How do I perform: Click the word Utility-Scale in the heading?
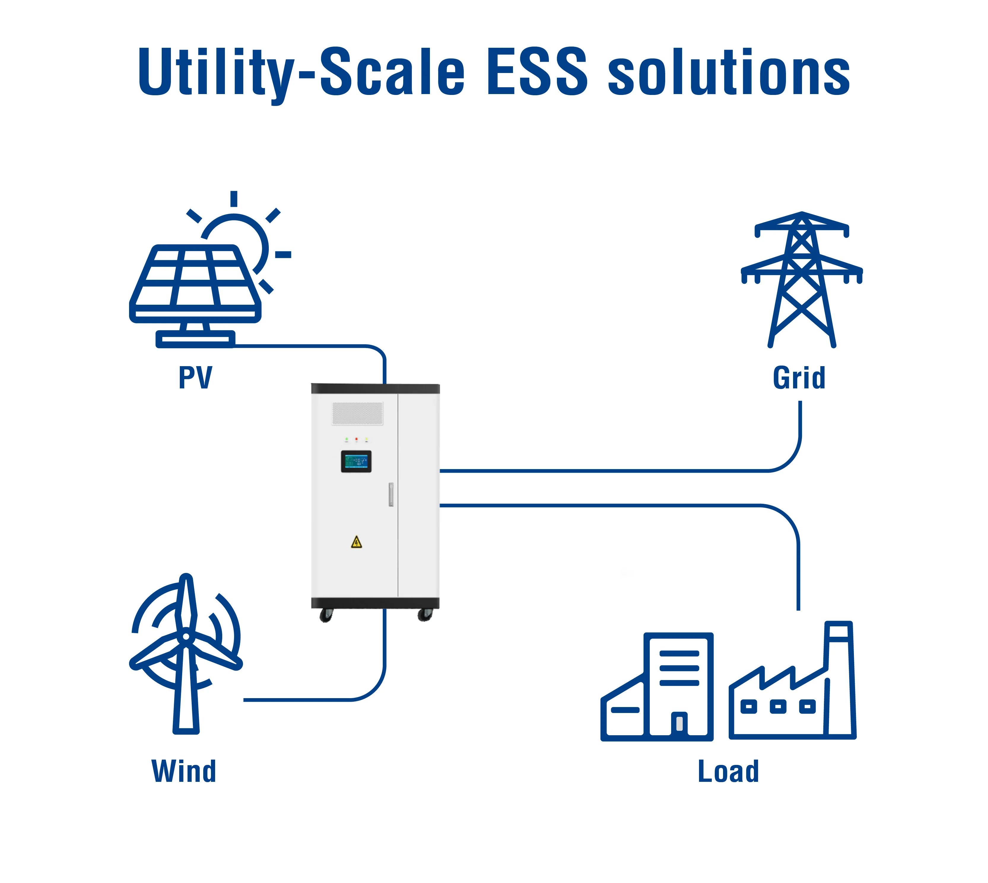coord(301,73)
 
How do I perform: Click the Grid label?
coord(799,378)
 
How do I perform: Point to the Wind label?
coord(184,771)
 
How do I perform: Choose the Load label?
coord(728,771)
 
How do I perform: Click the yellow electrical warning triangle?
coord(357,542)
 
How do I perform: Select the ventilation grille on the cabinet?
coord(358,413)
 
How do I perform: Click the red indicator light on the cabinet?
coord(357,439)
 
